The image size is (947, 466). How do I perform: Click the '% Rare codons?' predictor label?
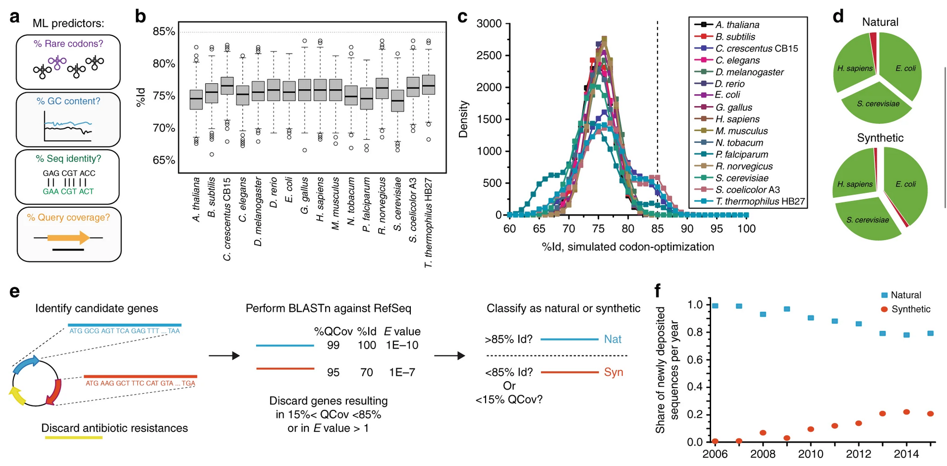click(x=68, y=44)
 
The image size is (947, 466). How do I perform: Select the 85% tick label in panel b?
click(x=164, y=32)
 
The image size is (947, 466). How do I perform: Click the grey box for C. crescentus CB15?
click(x=227, y=86)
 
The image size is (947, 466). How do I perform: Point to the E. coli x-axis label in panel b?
click(x=289, y=190)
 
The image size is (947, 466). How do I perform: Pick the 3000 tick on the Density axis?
click(x=489, y=24)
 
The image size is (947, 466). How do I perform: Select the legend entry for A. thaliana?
click(x=737, y=25)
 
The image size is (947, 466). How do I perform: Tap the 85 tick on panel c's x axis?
click(x=658, y=229)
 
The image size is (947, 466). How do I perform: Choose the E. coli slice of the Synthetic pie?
click(x=905, y=184)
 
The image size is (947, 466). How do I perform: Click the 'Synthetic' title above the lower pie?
click(x=880, y=138)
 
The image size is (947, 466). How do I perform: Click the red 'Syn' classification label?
click(x=613, y=372)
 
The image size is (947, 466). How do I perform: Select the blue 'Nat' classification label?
click(x=613, y=340)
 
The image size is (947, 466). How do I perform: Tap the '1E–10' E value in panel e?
click(x=402, y=345)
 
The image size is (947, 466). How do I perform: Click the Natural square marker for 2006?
click(x=715, y=306)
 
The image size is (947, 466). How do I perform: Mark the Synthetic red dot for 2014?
click(x=906, y=412)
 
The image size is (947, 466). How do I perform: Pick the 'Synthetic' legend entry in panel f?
click(x=910, y=309)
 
